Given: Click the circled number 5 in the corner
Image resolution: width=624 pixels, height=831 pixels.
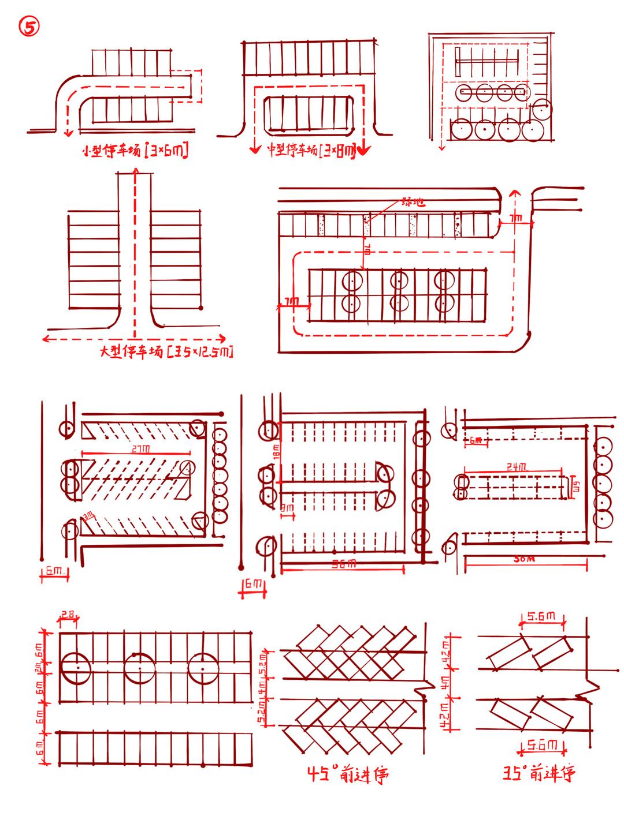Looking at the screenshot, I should (x=29, y=28).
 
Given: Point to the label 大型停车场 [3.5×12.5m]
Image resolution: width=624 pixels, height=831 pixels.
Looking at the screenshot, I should (x=167, y=351).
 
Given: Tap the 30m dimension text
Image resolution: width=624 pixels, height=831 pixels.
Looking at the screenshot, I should (x=524, y=558).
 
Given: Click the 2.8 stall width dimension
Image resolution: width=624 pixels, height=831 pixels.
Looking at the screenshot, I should (x=68, y=616).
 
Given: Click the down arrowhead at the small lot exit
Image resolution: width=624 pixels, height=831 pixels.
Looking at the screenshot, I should (x=68, y=134).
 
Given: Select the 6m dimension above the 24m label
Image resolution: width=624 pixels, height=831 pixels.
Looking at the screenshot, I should (x=476, y=440).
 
